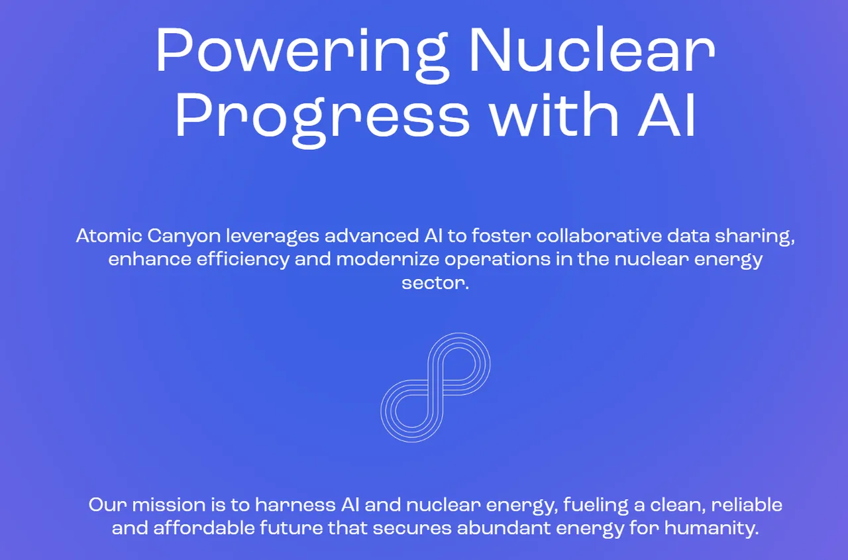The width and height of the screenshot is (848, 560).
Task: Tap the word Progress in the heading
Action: click(x=322, y=118)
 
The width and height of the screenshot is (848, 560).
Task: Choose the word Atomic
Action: click(x=109, y=235)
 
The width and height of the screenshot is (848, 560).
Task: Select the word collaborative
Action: click(x=600, y=235)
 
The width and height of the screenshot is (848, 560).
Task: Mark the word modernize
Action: click(x=388, y=259)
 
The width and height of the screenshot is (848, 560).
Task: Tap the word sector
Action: click(x=435, y=283)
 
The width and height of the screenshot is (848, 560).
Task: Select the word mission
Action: click(x=168, y=505)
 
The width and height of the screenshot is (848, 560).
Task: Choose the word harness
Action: click(x=295, y=505)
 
